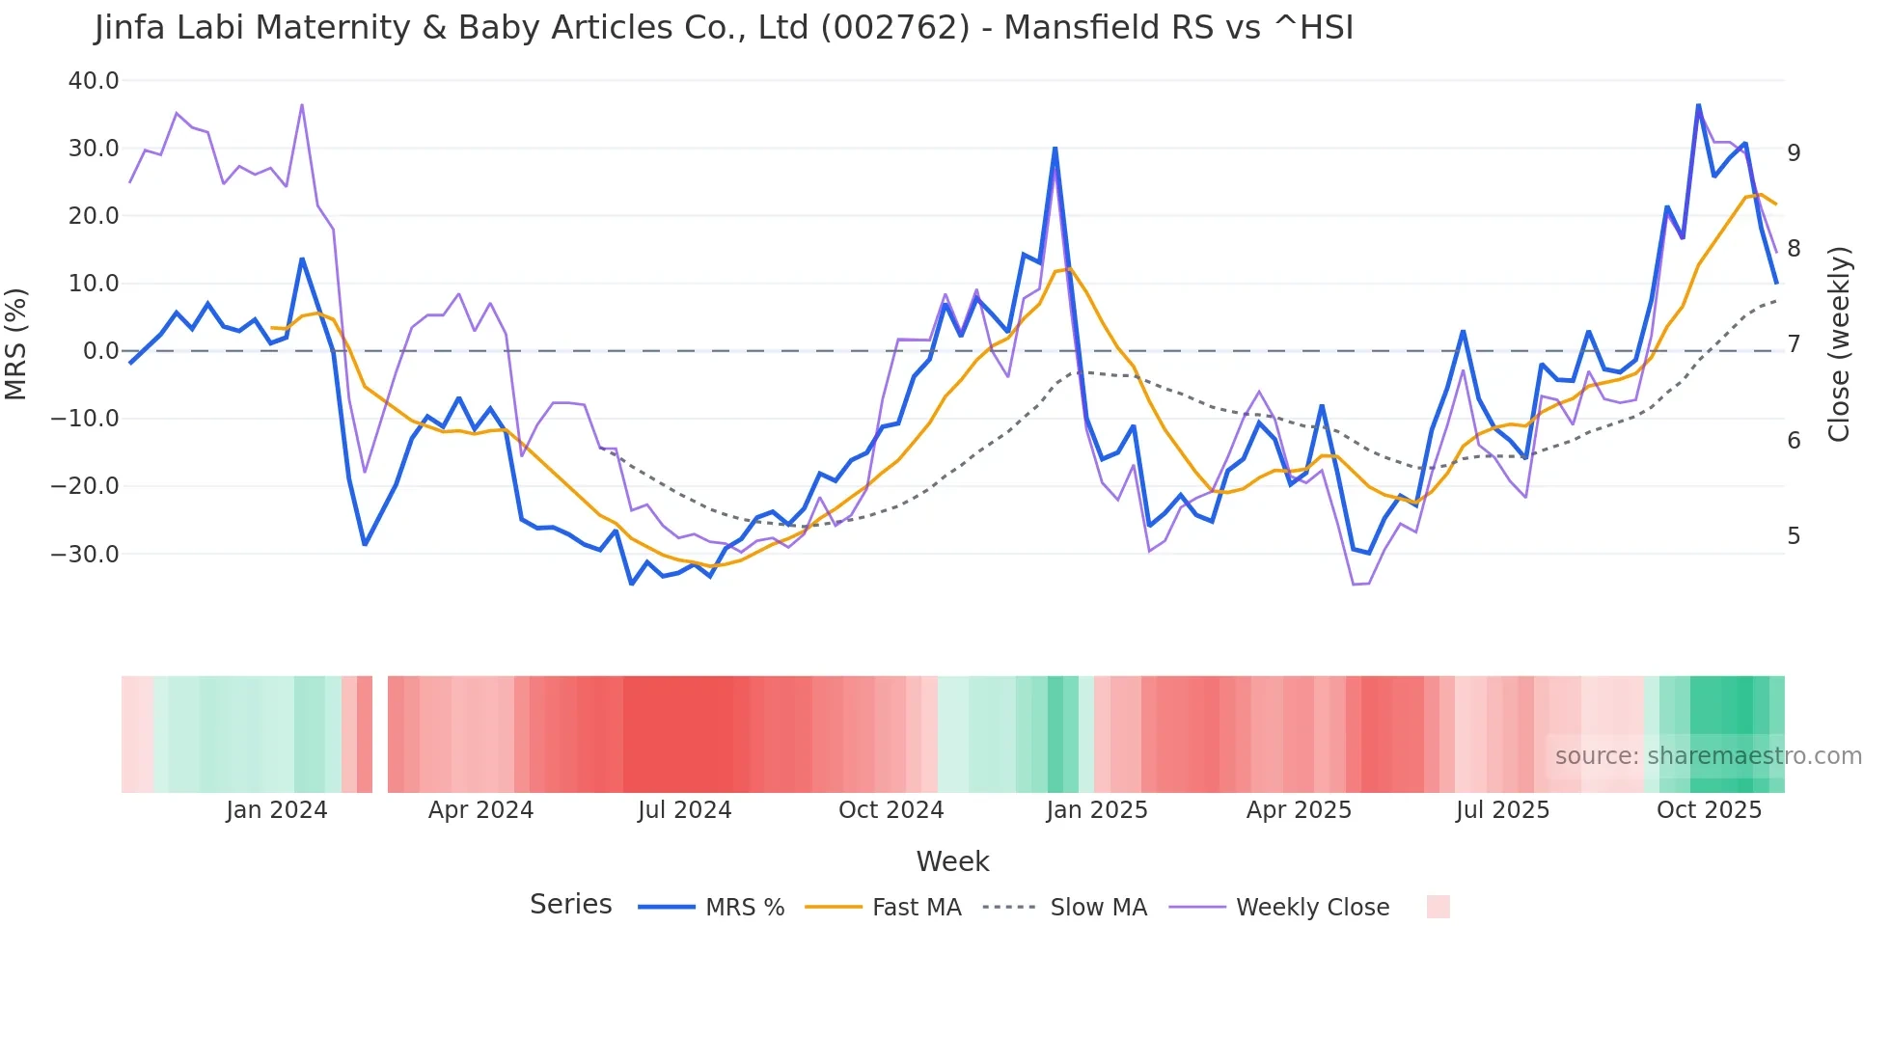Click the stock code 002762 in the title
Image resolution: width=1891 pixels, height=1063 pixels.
tap(894, 28)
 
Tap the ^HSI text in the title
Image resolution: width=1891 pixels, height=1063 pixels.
tap(1313, 28)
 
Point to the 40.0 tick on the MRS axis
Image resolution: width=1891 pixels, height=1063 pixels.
tap(94, 81)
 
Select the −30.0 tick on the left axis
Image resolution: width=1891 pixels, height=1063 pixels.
tap(85, 555)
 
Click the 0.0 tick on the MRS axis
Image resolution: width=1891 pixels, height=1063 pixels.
tap(101, 351)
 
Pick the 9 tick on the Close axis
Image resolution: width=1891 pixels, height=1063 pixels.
tap(1794, 152)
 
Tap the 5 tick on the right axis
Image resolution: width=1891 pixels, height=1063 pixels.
tap(1794, 536)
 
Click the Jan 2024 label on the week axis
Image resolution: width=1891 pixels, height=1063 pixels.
tap(277, 810)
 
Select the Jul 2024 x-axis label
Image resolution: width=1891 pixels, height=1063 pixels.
tap(685, 810)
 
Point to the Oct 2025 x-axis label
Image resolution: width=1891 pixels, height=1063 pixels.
tap(1709, 810)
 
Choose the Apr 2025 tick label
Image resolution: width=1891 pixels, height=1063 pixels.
tap(1299, 810)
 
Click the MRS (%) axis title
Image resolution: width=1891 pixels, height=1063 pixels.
tap(16, 343)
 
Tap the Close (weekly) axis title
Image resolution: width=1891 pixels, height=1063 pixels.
tap(1839, 344)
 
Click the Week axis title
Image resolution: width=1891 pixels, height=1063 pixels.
tap(952, 861)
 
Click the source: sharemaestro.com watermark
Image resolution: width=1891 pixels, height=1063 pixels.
tap(1708, 756)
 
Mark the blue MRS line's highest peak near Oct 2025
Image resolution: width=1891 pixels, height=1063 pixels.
tap(1698, 105)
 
